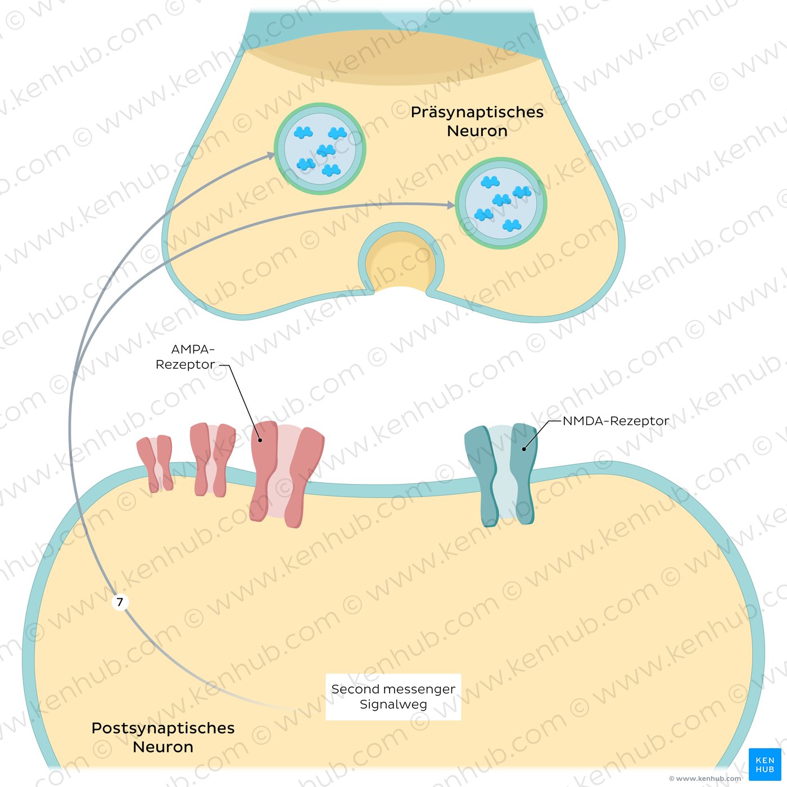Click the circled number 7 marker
tap(120, 603)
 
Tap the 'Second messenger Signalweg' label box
tap(393, 696)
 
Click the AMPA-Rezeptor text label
tap(185, 357)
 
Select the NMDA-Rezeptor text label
tap(616, 420)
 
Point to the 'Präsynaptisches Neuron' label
tap(477, 121)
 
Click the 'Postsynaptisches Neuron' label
tap(163, 737)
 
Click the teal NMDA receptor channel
tap(500, 475)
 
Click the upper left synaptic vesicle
tap(320, 149)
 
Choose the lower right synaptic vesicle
tap(501, 203)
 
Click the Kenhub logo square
tap(765, 764)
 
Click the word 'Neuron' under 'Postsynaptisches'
tap(163, 747)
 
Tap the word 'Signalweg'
tap(393, 704)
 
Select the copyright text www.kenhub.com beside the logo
tap(705, 779)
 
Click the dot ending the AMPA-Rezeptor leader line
tap(260, 440)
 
